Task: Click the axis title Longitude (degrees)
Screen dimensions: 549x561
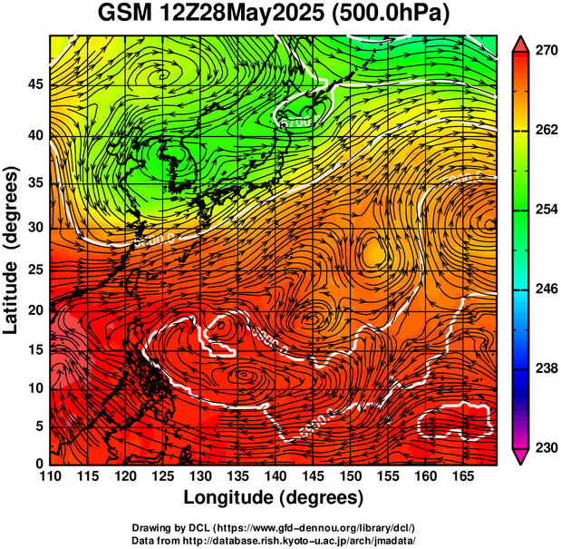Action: click(x=274, y=497)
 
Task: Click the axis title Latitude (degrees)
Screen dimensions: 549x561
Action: click(x=12, y=250)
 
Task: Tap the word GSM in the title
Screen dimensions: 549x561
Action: click(x=125, y=14)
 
